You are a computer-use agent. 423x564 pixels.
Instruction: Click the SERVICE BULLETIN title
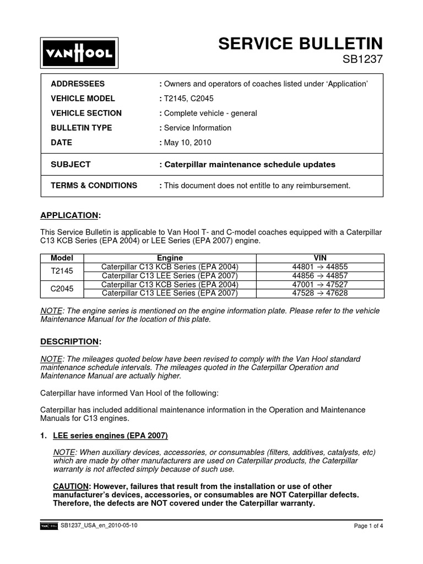point(300,44)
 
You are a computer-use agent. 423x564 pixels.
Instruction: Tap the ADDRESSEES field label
point(78,84)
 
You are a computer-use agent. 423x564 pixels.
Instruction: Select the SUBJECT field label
point(70,164)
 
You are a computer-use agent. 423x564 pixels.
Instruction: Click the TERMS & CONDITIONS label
point(94,186)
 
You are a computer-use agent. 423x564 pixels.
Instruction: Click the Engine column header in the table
point(170,258)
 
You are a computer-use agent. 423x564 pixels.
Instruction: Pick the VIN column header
point(320,258)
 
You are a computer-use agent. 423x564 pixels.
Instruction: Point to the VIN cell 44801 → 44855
point(320,267)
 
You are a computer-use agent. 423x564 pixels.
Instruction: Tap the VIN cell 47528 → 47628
point(320,293)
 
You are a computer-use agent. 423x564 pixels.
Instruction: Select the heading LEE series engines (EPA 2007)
point(110,435)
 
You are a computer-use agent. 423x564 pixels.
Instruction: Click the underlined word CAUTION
point(70,486)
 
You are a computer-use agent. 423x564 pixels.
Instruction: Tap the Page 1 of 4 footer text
point(368,526)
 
